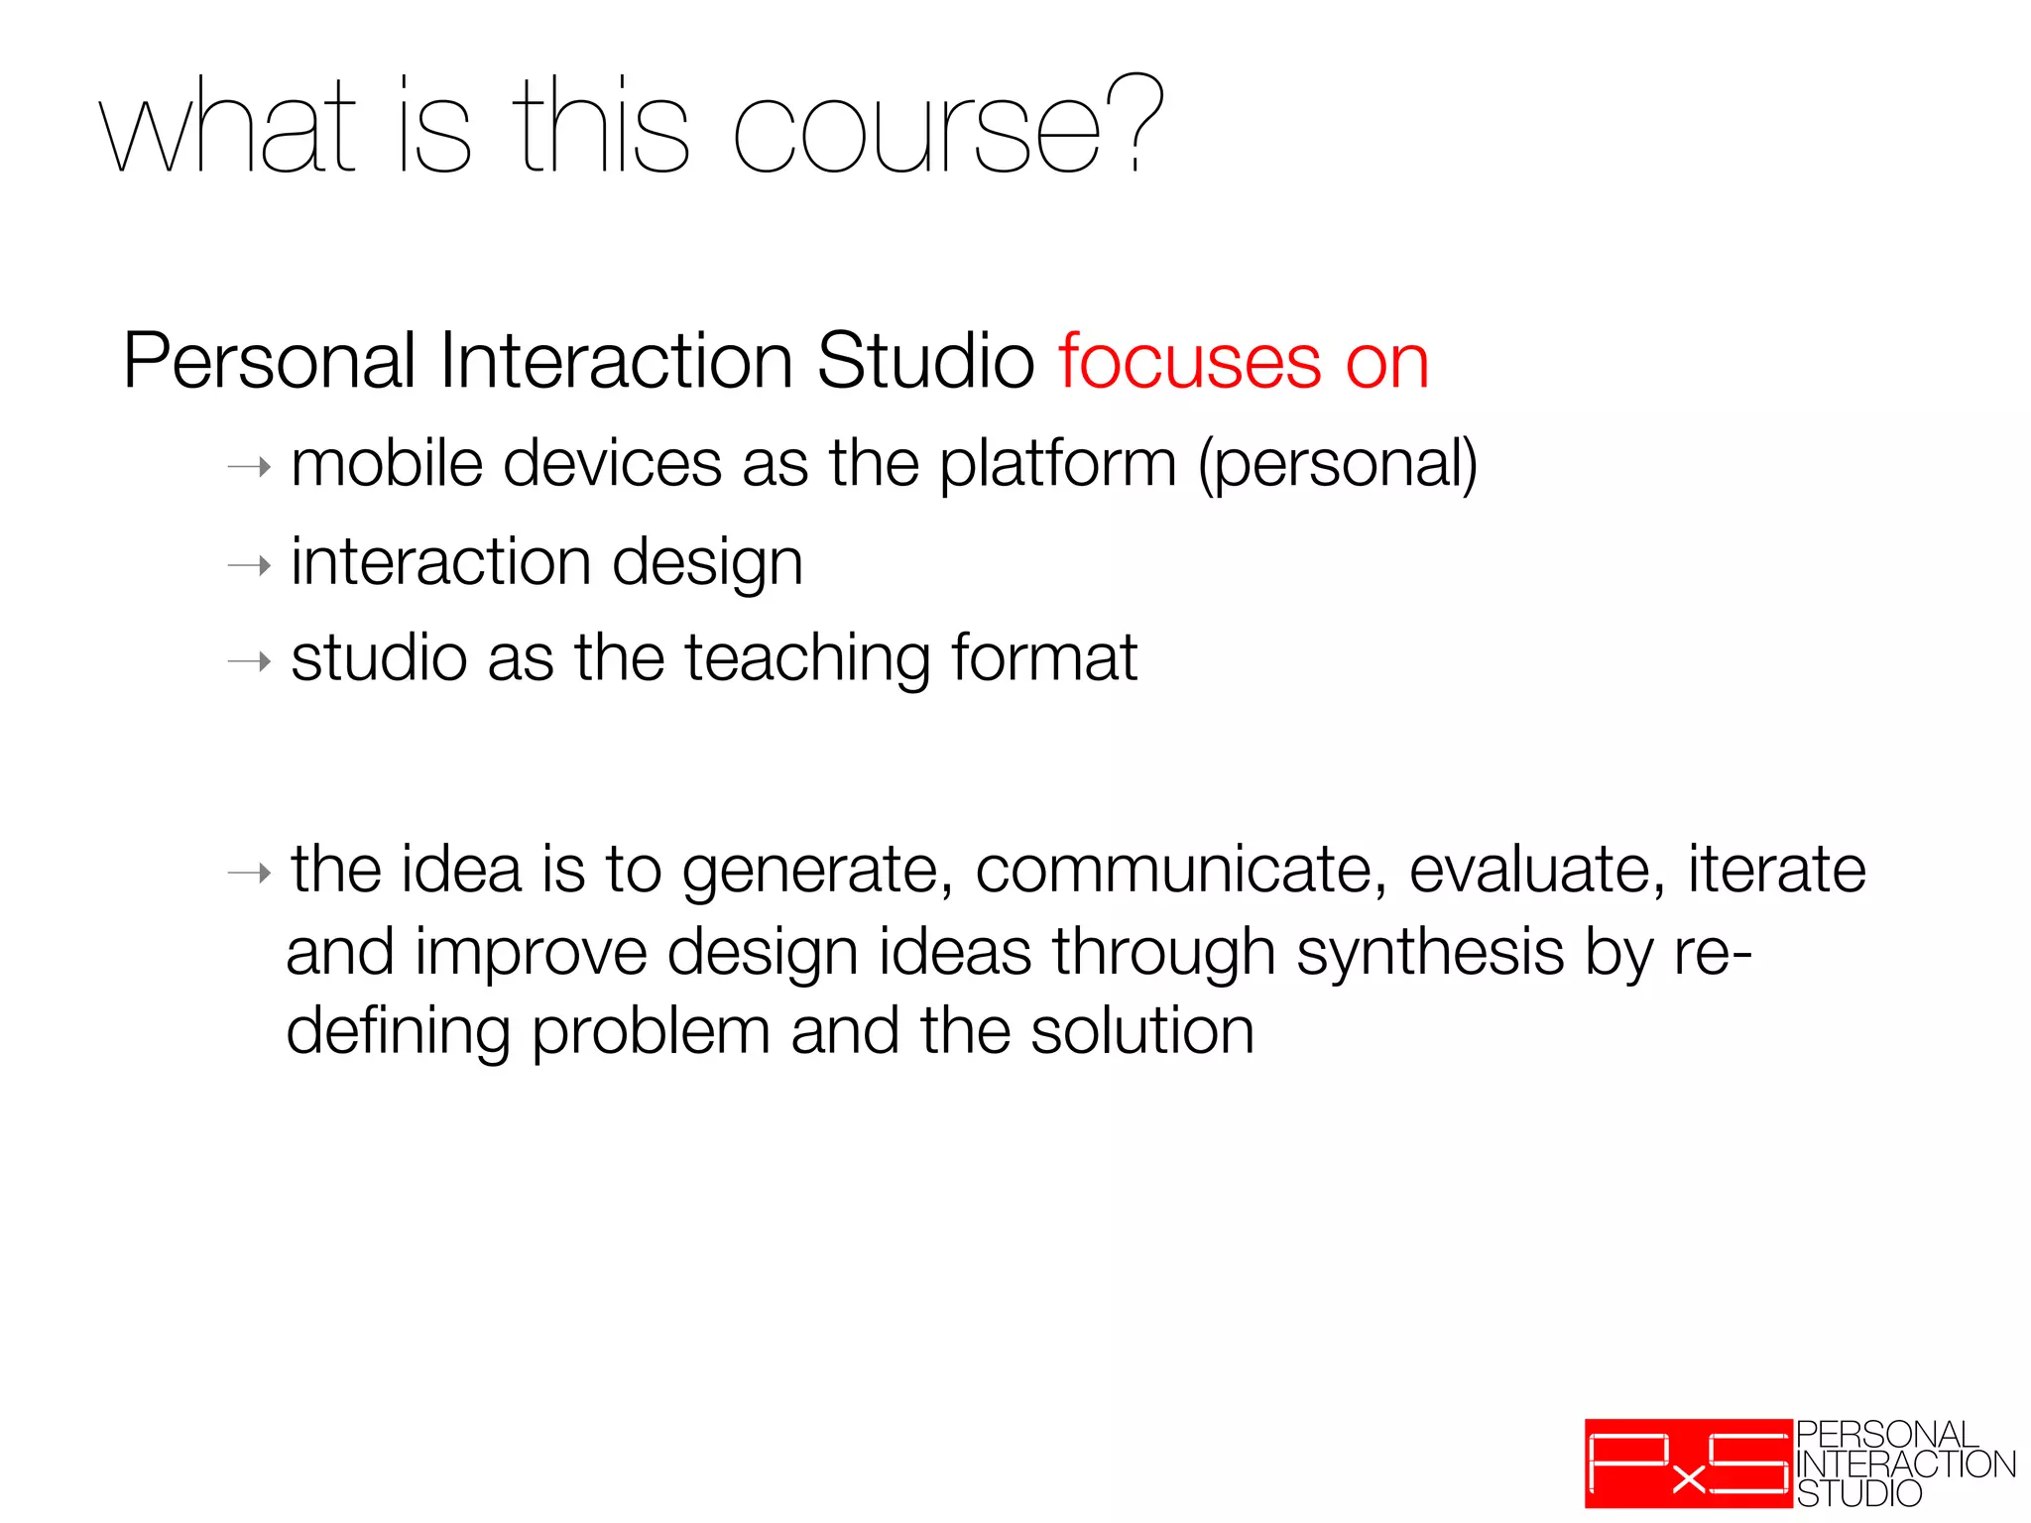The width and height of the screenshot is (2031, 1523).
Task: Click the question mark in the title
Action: click(1136, 124)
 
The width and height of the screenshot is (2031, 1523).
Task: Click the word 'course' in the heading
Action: click(917, 134)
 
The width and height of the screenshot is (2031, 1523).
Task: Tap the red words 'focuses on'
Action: click(1244, 362)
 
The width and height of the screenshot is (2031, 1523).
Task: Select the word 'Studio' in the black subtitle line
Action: click(925, 362)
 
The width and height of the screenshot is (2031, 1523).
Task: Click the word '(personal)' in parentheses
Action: click(1338, 465)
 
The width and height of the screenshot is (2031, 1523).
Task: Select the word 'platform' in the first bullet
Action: click(1057, 465)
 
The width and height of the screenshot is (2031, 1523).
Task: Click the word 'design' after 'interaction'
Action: click(707, 564)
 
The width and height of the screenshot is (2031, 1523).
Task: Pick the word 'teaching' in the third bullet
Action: click(807, 659)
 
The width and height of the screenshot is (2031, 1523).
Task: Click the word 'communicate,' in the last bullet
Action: click(1181, 871)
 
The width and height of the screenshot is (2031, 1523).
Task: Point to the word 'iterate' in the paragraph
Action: click(1776, 871)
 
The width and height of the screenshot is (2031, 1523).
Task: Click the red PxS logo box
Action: click(1688, 1463)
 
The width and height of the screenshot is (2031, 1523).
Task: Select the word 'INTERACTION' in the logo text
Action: click(1905, 1464)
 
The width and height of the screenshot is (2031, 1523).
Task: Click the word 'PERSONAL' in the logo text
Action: click(1886, 1435)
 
